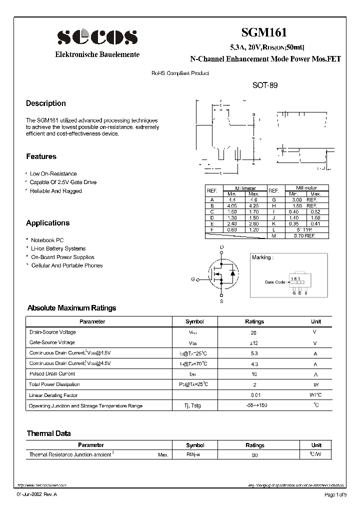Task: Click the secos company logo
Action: pos(97,37)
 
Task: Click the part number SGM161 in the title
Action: pos(264,33)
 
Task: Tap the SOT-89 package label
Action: pos(264,85)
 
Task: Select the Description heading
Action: pos(46,103)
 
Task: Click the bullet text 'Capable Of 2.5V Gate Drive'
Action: pos(63,182)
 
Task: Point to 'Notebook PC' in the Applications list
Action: pos(47,240)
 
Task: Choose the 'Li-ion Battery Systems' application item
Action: pos(58,248)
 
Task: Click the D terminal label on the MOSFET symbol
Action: pos(222,247)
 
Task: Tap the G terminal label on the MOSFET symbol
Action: pos(192,279)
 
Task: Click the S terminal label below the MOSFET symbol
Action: pos(222,302)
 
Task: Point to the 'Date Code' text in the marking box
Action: pos(275,282)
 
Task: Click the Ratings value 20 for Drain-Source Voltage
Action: pos(253,332)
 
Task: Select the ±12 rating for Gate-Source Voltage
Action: pos(253,343)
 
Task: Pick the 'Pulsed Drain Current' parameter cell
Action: pos(52,374)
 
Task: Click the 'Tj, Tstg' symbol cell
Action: pos(193,406)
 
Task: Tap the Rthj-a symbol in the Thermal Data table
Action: pos(193,455)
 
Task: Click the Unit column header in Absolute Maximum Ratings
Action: pos(316,321)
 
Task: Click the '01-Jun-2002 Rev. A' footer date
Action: pos(37,495)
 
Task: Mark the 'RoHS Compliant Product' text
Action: pos(180,73)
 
